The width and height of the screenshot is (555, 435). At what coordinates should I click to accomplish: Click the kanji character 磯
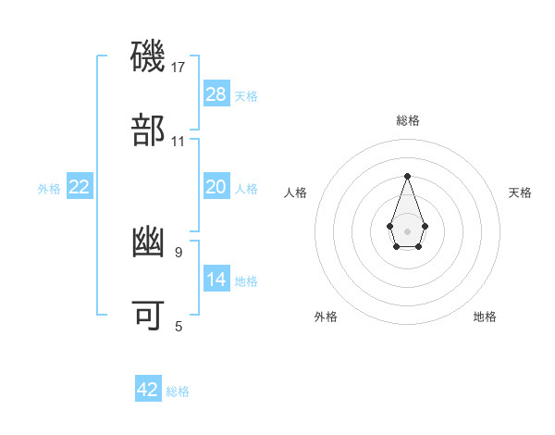tap(149, 56)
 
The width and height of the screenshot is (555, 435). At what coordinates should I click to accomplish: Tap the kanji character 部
tap(149, 130)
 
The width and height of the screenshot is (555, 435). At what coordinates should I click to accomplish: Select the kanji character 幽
tap(149, 242)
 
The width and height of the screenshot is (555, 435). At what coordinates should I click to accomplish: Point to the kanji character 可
tap(149, 316)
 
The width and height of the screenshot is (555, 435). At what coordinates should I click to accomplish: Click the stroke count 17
tap(179, 68)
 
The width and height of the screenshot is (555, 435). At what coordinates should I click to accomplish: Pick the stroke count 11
tap(179, 142)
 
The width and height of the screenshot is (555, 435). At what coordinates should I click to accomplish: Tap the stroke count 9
tap(179, 251)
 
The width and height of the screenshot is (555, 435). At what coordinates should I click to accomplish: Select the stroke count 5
tap(179, 326)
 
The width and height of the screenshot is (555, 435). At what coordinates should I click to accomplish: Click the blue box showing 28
tap(216, 94)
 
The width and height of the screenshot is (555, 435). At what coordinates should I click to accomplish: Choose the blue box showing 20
tap(216, 187)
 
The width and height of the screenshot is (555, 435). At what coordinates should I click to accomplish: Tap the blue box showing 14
tap(216, 280)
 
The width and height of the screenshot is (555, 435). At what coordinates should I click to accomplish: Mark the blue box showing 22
tap(80, 187)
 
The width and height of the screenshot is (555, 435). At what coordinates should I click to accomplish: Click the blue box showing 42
tap(148, 390)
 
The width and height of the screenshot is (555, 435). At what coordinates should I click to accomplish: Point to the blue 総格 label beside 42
tap(178, 391)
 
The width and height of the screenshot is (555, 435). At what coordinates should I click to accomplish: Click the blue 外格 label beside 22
tap(49, 189)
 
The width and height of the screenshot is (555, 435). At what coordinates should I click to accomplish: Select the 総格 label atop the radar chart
tap(407, 120)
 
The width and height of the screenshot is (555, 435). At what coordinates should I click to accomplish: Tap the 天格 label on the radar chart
tap(521, 193)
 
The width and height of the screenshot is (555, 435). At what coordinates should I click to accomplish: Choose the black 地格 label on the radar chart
tap(485, 317)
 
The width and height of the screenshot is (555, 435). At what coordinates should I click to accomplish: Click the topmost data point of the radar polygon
tap(407, 176)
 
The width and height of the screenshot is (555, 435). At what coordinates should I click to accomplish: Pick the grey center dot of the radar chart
tap(407, 230)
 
